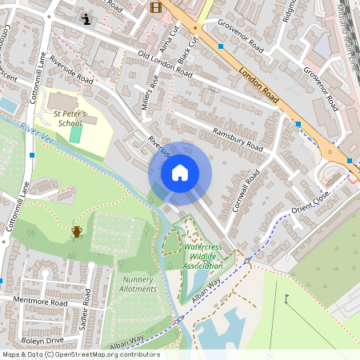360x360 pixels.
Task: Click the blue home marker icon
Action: pyautogui.click(x=180, y=173)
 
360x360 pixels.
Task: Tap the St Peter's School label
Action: pyautogui.click(x=68, y=118)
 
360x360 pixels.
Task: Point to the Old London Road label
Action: pyautogui.click(x=165, y=64)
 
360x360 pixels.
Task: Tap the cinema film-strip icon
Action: pyautogui.click(x=154, y=8)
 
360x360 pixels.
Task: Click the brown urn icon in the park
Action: pyautogui.click(x=77, y=232)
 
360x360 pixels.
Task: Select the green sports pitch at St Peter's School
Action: pyautogui.click(x=75, y=133)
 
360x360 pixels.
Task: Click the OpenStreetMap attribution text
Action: pyautogui.click(x=80, y=354)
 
